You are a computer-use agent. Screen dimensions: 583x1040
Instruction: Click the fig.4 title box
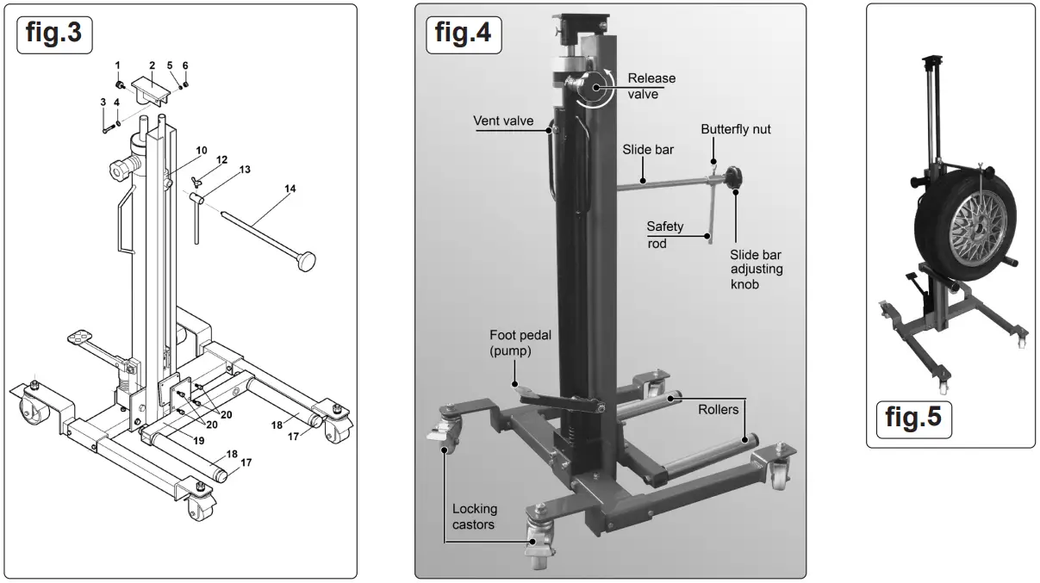point(463,33)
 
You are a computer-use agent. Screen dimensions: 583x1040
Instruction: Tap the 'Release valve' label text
point(651,86)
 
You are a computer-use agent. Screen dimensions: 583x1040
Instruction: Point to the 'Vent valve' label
point(503,121)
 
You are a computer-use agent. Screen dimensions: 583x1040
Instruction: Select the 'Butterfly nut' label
point(735,129)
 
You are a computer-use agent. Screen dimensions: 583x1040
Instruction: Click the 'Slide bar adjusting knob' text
point(757,269)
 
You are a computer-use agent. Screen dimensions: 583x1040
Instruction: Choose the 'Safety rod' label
point(665,234)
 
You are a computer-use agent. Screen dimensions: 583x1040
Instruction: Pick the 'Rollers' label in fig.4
point(719,410)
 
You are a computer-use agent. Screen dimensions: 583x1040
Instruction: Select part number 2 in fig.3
point(152,65)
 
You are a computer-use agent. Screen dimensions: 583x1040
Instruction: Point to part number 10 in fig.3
point(201,151)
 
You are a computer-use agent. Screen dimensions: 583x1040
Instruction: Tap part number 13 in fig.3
point(246,171)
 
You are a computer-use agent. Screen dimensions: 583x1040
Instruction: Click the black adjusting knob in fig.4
point(735,180)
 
